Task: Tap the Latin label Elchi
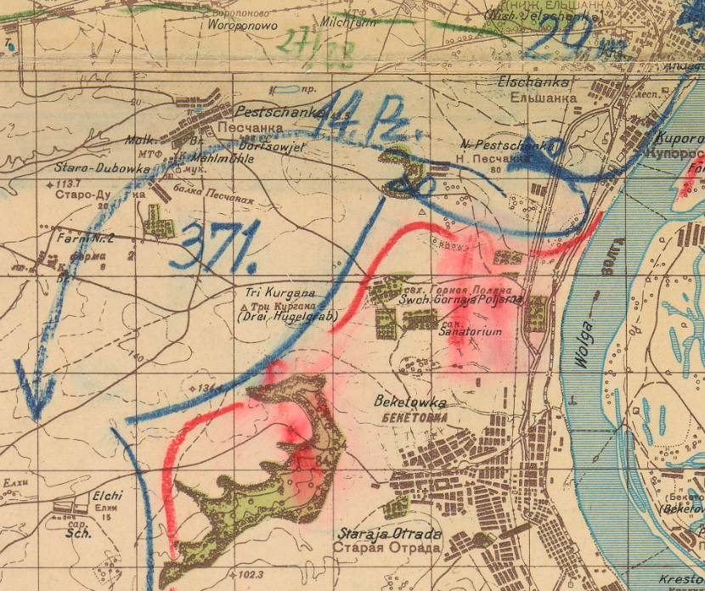coord(108,496)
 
